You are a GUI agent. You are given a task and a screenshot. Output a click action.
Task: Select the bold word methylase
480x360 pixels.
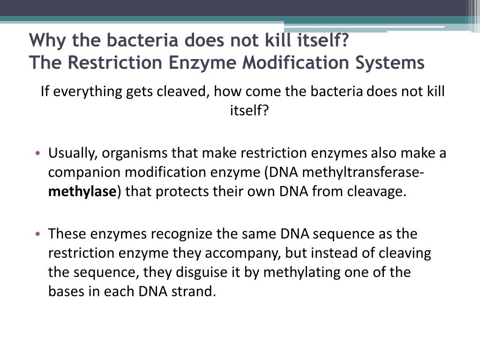click(x=82, y=192)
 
